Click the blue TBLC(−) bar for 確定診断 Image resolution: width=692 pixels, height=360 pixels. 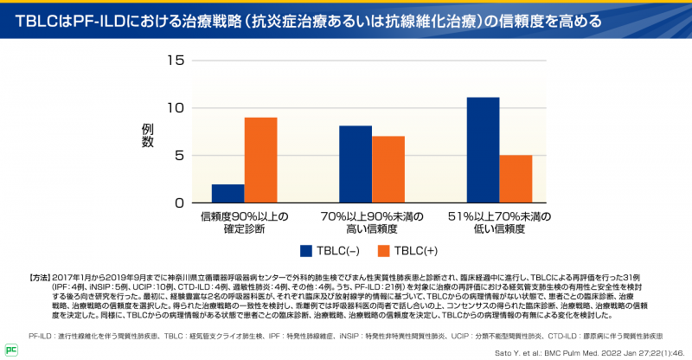pyautogui.click(x=227, y=193)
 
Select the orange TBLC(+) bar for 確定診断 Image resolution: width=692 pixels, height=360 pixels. pyautogui.click(x=260, y=160)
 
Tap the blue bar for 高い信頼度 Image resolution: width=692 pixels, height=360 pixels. pyautogui.click(x=356, y=164)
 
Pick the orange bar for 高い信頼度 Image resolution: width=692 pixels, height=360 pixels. pyautogui.click(x=388, y=170)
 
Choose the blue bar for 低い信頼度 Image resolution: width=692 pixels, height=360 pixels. pyautogui.click(x=483, y=150)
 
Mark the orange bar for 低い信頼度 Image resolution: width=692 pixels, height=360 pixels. pyautogui.click(x=516, y=179)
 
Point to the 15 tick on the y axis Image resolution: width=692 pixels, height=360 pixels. pyautogui.click(x=176, y=61)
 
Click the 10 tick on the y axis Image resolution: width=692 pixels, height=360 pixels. pyautogui.click(x=176, y=108)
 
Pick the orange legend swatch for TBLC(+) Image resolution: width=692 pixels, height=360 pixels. pyautogui.click(x=384, y=251)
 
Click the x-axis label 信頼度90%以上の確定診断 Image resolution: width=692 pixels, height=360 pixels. pyautogui.click(x=244, y=222)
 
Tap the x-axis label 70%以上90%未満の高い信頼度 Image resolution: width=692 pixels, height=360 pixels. pyautogui.click(x=371, y=222)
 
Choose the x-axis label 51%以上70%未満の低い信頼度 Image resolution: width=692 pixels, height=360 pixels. pyautogui.click(x=500, y=222)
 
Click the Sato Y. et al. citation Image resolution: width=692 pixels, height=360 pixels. pyautogui.click(x=602, y=350)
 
